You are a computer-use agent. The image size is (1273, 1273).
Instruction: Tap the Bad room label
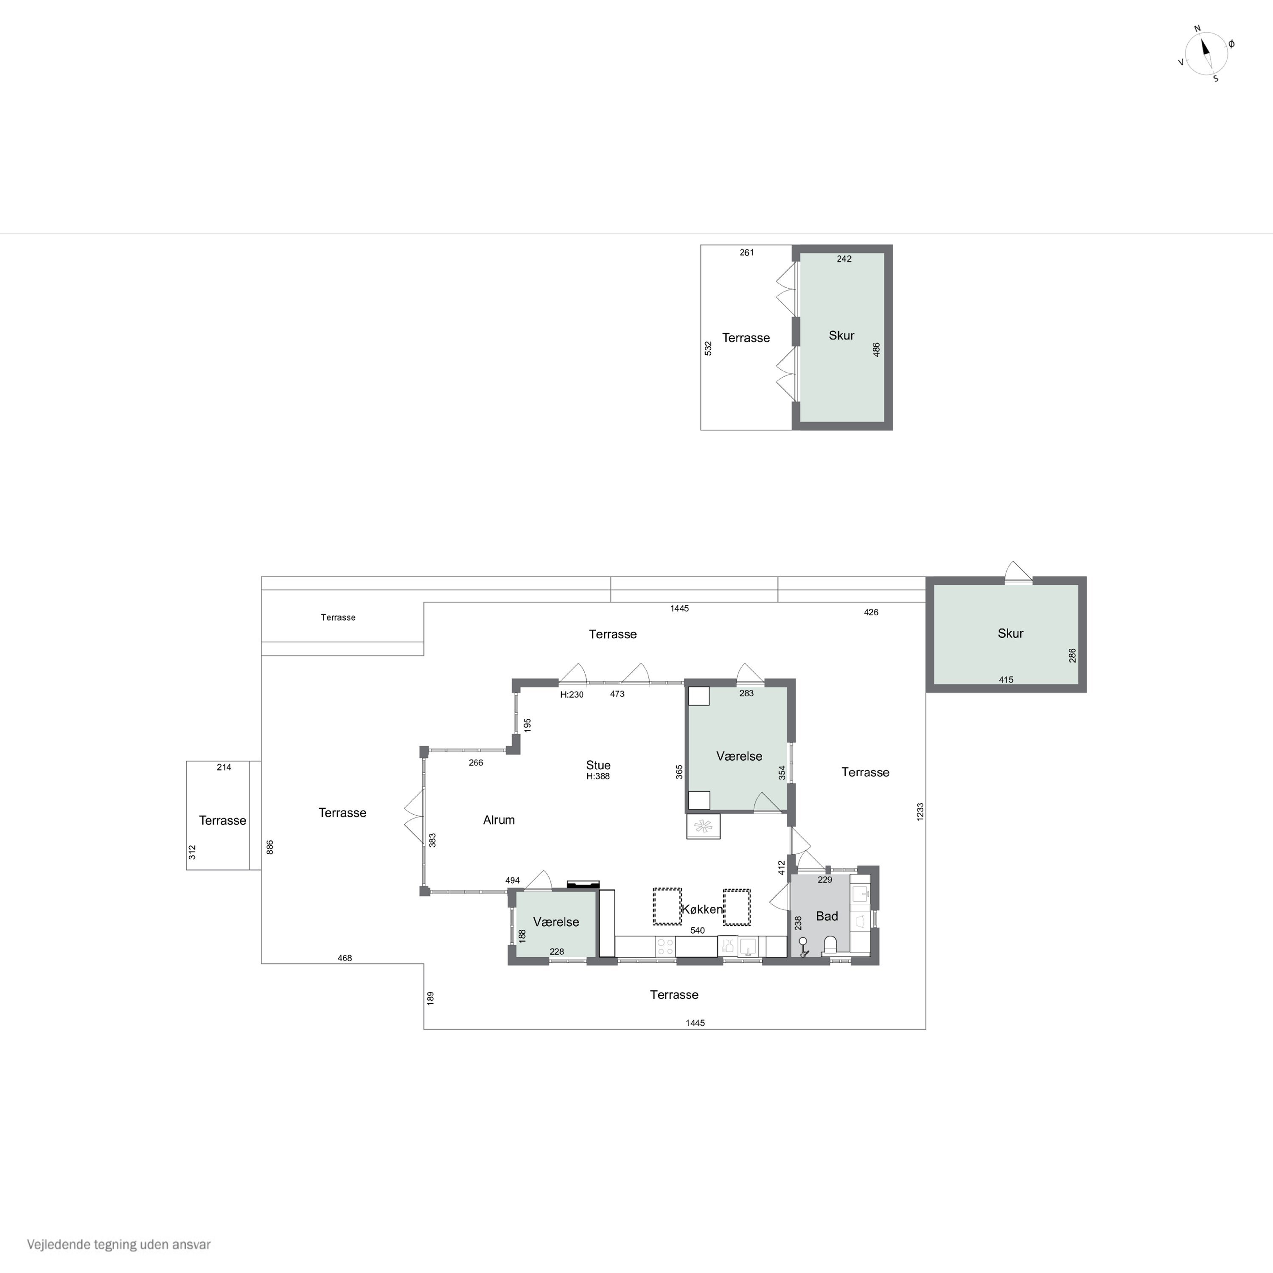point(827,916)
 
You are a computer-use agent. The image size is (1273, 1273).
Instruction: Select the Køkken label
point(702,909)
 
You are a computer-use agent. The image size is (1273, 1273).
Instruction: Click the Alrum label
point(499,820)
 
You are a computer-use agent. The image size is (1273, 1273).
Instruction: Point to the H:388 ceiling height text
point(598,776)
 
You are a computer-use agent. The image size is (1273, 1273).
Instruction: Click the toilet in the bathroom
point(830,945)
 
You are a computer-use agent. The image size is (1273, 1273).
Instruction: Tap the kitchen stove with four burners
point(665,947)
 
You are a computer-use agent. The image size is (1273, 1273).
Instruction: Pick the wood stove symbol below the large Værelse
point(703,826)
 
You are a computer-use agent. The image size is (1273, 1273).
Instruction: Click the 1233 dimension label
point(920,811)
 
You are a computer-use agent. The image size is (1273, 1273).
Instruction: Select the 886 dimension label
point(269,847)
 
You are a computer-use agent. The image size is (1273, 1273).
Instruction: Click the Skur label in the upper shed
point(841,335)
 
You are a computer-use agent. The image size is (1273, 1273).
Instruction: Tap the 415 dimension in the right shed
point(1006,679)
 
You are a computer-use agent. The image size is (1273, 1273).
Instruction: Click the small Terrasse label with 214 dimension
point(223,820)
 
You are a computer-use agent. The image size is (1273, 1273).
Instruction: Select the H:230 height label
point(571,695)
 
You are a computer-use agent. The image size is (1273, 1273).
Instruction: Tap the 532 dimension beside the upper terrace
point(708,348)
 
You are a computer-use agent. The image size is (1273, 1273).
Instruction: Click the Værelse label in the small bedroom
point(556,922)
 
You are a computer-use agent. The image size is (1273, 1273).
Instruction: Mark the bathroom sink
point(861,894)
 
